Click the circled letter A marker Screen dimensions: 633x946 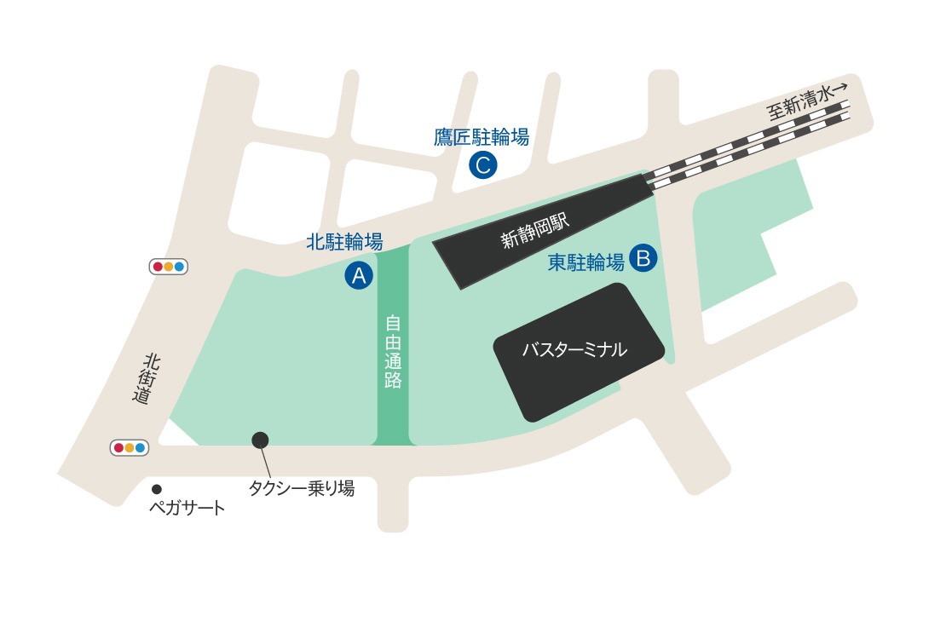coord(359,275)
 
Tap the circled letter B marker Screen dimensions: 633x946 coord(643,257)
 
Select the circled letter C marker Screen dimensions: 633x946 coord(482,164)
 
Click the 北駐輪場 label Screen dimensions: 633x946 coord(344,242)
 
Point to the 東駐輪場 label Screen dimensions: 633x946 coord(585,262)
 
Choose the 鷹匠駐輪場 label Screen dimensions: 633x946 coord(482,136)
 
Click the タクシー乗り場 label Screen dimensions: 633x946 coord(301,488)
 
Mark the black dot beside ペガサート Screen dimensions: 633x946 coord(157,489)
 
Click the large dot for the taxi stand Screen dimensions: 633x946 coord(260,440)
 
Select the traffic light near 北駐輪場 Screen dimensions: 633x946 coord(168,267)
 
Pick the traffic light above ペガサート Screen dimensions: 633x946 coord(130,447)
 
